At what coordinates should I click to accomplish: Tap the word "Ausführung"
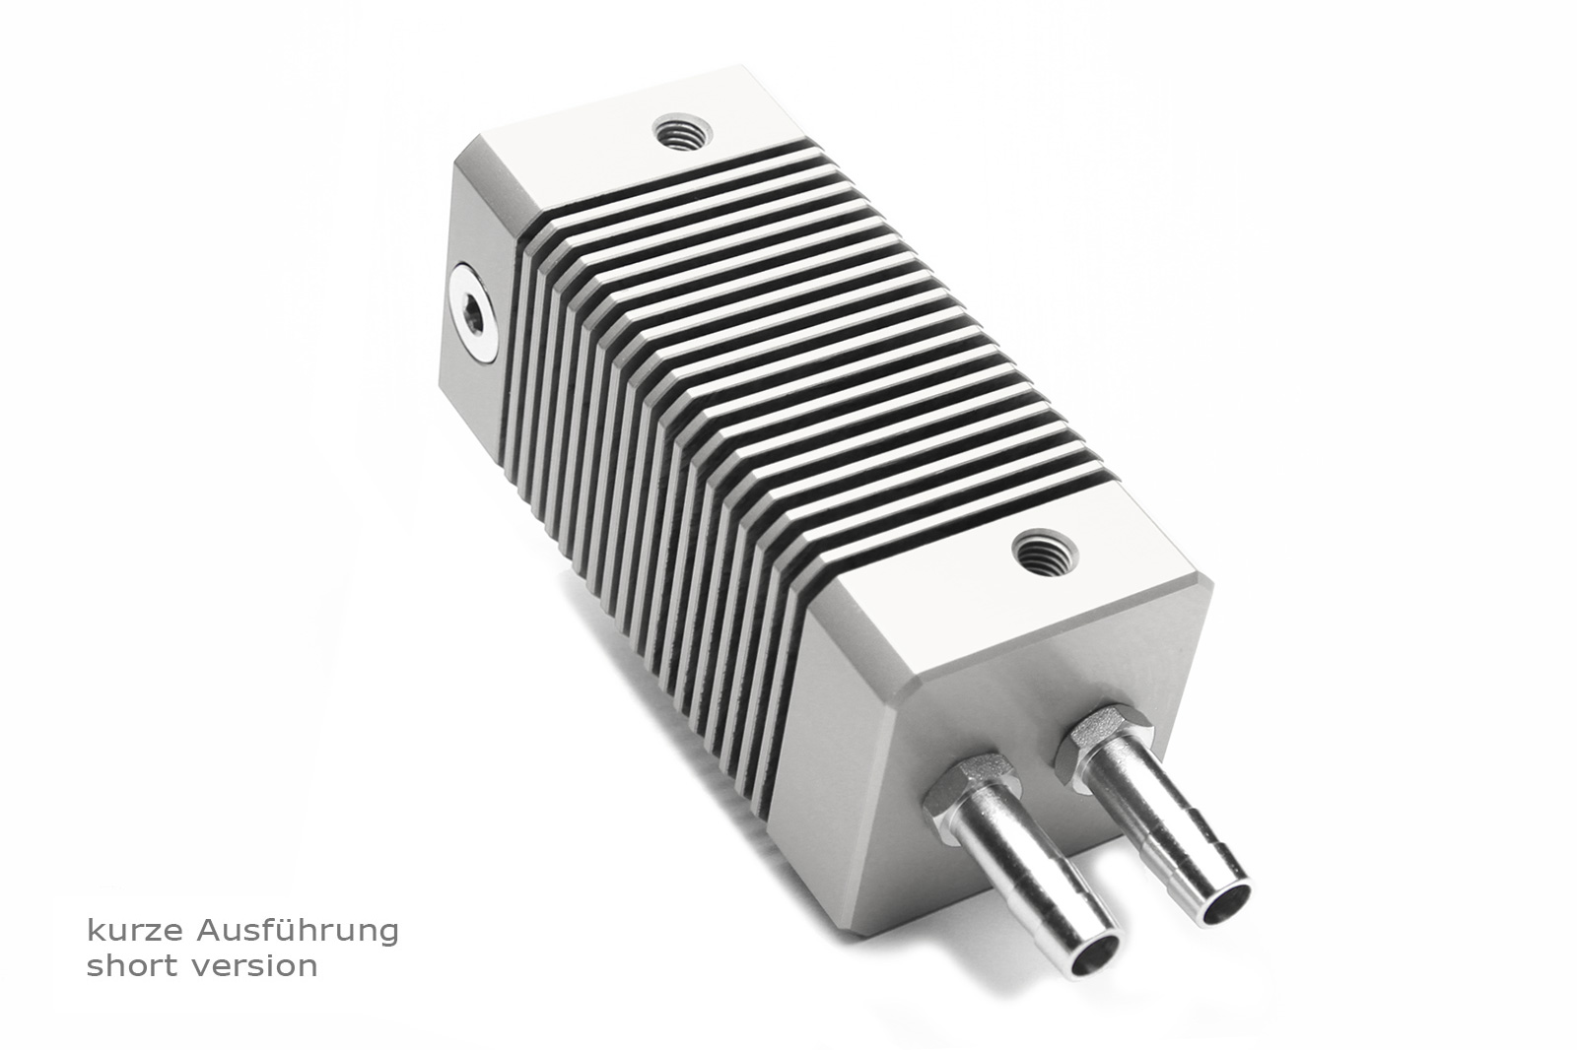pyautogui.click(x=298, y=931)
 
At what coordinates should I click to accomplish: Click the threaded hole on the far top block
pyautogui.click(x=681, y=131)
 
